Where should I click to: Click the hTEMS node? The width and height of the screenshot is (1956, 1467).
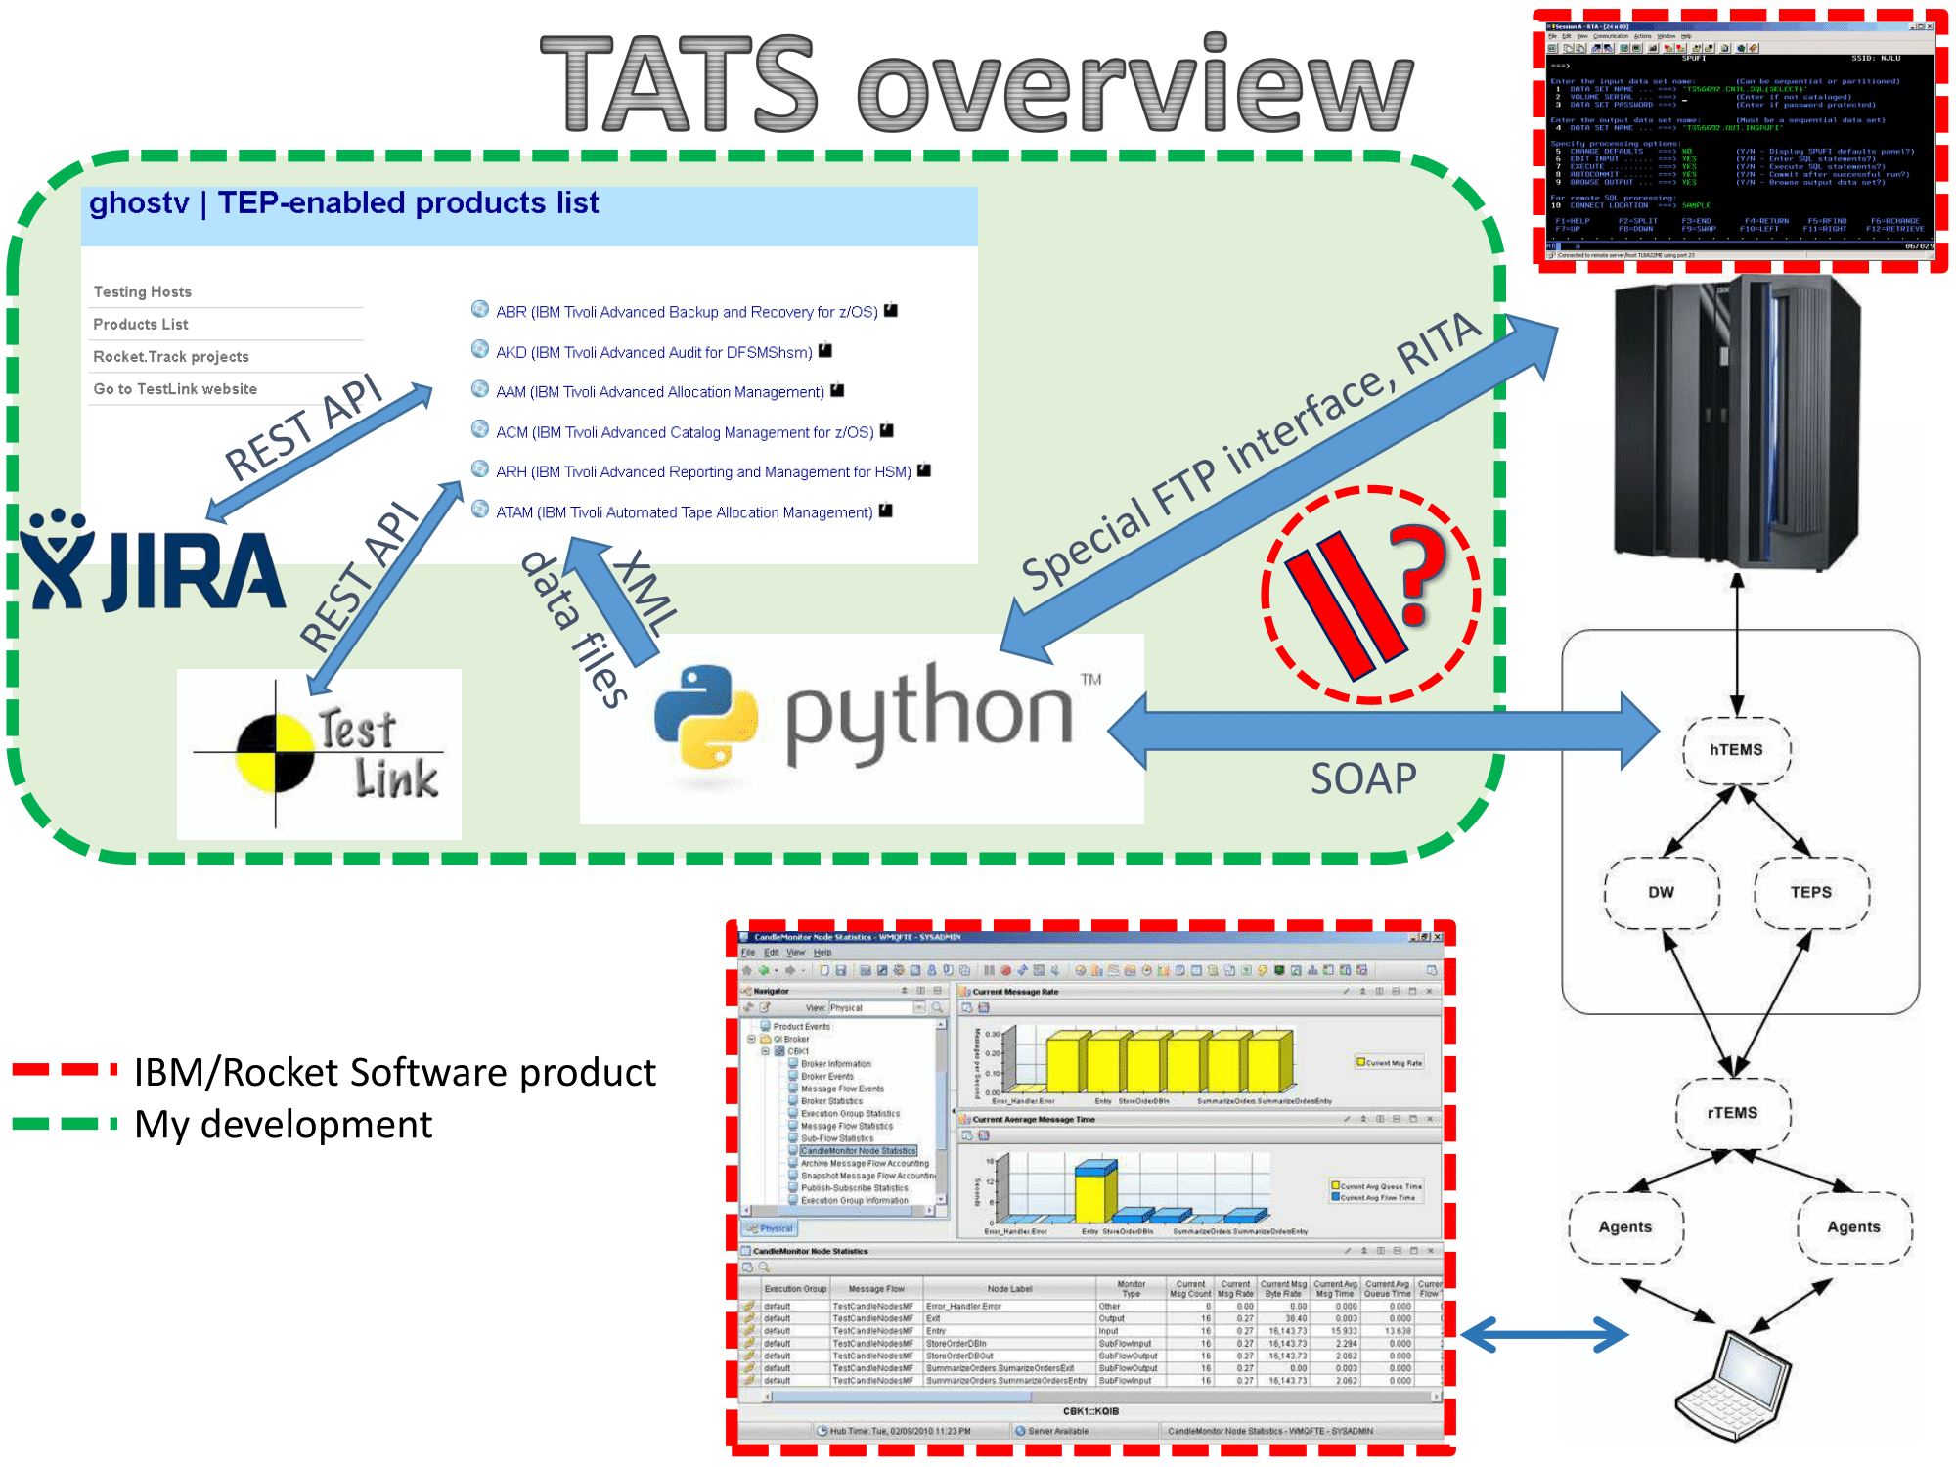[x=1736, y=750]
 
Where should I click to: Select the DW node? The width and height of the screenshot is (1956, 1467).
[x=1661, y=892]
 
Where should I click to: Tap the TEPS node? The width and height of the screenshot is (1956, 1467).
[x=1810, y=892]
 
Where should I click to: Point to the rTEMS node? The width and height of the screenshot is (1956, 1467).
[x=1732, y=1113]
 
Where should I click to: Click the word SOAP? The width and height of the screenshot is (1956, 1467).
[x=1363, y=778]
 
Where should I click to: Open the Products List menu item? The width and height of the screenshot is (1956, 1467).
[x=141, y=325]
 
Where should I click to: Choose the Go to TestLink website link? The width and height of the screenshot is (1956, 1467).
[x=175, y=389]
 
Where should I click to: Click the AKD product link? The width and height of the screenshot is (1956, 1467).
[x=653, y=352]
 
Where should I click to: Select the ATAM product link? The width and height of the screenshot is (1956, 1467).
[x=684, y=512]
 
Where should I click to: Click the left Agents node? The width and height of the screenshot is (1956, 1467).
[x=1625, y=1227]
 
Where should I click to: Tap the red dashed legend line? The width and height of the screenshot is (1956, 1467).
[x=65, y=1070]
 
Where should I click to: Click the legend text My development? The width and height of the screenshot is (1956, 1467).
[x=283, y=1125]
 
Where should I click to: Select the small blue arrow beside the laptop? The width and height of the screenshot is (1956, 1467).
[x=1544, y=1334]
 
